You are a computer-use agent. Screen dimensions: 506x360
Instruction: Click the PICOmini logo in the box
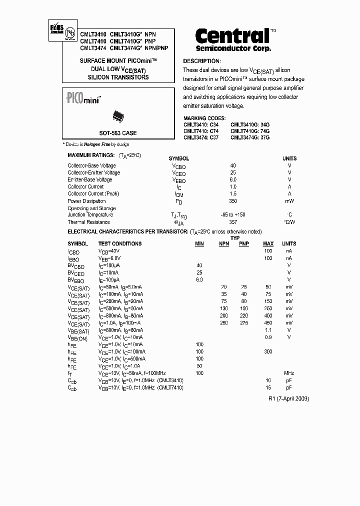pyautogui.click(x=83, y=98)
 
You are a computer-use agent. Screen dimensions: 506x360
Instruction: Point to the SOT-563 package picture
pyautogui.click(x=117, y=116)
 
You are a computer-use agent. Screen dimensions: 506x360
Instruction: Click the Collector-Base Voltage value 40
pyautogui.click(x=232, y=165)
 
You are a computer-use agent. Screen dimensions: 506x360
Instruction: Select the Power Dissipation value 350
pyautogui.click(x=232, y=201)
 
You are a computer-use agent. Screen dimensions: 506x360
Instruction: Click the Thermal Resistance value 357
pyautogui.click(x=232, y=222)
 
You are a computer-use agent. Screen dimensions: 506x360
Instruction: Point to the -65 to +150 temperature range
pyautogui.click(x=232, y=214)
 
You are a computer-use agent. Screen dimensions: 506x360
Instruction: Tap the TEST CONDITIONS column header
pyautogui.click(x=120, y=243)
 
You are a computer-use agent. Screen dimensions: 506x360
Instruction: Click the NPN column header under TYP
pyautogui.click(x=223, y=243)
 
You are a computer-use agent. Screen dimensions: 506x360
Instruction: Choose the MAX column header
pyautogui.click(x=268, y=243)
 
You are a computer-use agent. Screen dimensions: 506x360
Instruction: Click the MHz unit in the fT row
pyautogui.click(x=289, y=373)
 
